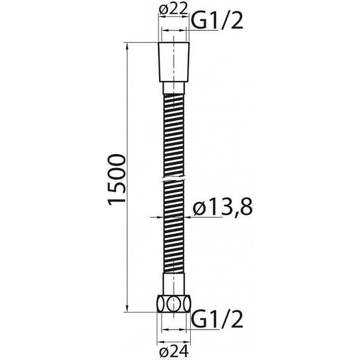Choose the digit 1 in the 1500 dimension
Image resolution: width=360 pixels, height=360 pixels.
118,201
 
